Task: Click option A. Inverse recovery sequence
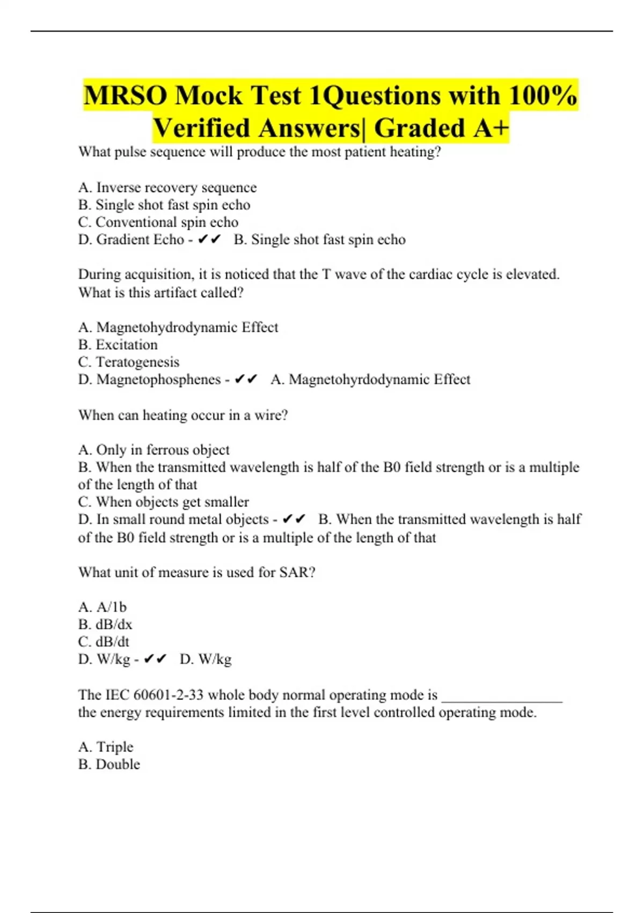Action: pos(167,187)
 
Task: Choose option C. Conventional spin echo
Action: pos(158,222)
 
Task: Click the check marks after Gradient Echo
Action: pos(209,240)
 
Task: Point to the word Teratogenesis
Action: pos(137,362)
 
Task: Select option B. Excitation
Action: pos(118,345)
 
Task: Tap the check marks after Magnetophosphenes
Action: pos(246,380)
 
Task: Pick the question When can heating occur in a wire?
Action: pos(183,415)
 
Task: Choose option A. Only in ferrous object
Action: pos(153,450)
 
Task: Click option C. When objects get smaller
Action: pos(163,502)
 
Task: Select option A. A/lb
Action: pos(102,607)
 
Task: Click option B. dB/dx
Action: pos(105,624)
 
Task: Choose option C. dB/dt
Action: pos(104,641)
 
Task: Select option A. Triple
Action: pos(105,747)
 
